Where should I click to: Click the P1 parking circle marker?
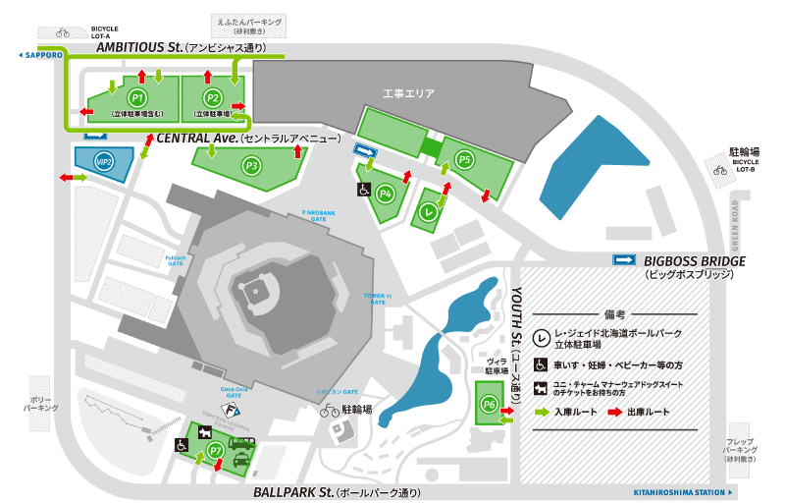(138, 98)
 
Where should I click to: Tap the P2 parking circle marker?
(213, 98)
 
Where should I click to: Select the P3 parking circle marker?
(252, 165)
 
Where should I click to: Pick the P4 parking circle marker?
(387, 193)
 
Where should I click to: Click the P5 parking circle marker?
(465, 158)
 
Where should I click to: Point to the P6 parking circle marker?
(489, 404)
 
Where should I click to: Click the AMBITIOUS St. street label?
(139, 46)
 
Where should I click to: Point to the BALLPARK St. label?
(292, 491)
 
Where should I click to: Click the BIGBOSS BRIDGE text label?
(695, 260)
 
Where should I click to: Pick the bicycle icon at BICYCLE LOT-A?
(63, 31)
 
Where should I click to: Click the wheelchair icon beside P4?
(363, 191)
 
